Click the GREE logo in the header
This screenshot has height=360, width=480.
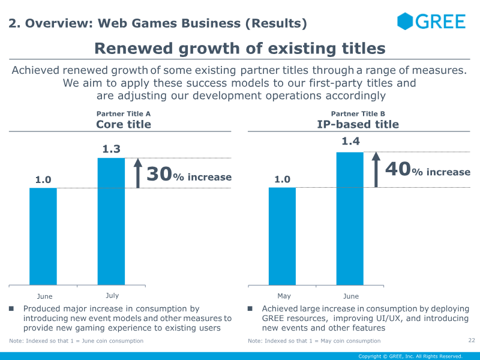click(x=431, y=22)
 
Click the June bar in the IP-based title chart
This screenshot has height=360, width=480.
click(x=350, y=218)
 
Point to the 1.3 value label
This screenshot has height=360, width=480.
click(x=112, y=149)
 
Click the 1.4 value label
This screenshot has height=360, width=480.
click(x=350, y=142)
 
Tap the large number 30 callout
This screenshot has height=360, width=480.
click(x=159, y=175)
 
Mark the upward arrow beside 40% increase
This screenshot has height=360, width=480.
click(x=376, y=169)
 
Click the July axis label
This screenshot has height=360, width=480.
click(x=112, y=295)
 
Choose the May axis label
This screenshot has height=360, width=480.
click(x=284, y=296)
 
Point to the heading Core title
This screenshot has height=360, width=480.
click(x=124, y=125)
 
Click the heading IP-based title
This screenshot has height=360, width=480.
click(x=358, y=125)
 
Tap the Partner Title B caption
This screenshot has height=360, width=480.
click(x=358, y=113)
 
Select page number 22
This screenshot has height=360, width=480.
click(x=471, y=340)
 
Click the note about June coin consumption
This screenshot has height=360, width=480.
click(x=76, y=341)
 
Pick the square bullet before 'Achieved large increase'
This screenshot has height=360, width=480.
click(x=250, y=309)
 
